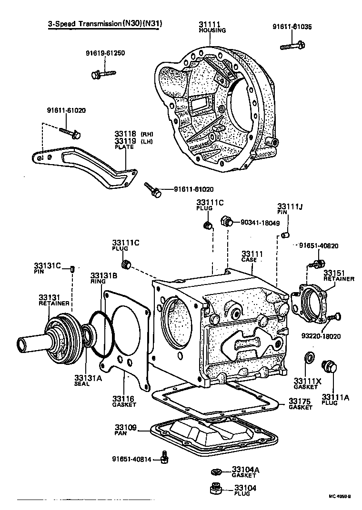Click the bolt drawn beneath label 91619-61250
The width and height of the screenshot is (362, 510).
click(x=102, y=74)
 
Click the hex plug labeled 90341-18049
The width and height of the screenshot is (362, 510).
click(x=227, y=221)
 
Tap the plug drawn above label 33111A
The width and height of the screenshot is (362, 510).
click(x=329, y=366)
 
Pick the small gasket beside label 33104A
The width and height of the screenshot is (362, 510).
click(x=217, y=471)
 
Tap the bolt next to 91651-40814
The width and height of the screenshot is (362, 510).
click(x=164, y=457)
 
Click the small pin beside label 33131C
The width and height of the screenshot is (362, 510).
click(x=72, y=269)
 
